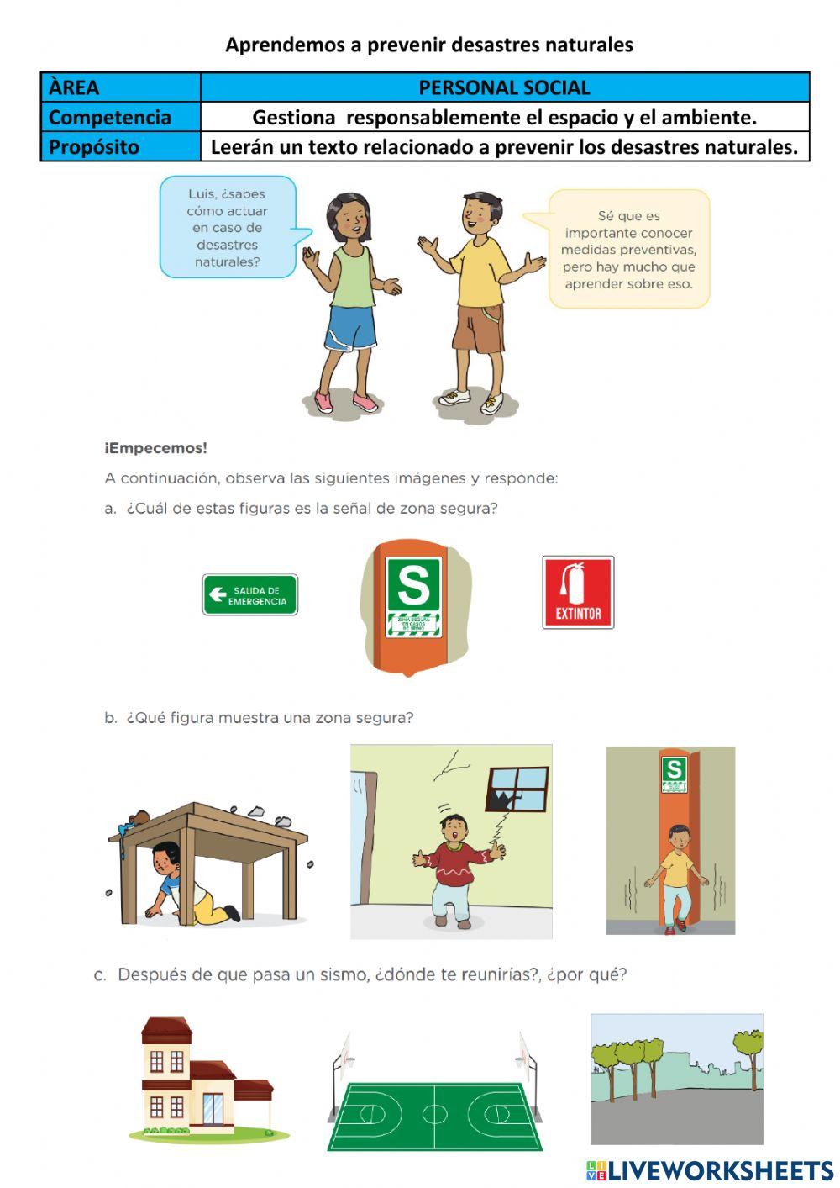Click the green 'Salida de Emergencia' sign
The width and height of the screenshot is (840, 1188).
point(249,595)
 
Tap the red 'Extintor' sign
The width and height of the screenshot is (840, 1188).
point(578,592)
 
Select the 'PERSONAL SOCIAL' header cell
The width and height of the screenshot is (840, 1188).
point(504,87)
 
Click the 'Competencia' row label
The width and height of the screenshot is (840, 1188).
point(110,117)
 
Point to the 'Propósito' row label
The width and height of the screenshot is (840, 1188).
point(94,146)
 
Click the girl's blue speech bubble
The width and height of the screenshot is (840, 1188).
point(227,227)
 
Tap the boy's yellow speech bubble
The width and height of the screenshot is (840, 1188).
point(628,249)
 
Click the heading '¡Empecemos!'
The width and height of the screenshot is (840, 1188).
point(156,448)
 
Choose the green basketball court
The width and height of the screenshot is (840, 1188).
point(434,1114)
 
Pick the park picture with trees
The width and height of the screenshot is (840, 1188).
point(676,1079)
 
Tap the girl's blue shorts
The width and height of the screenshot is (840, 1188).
point(351,328)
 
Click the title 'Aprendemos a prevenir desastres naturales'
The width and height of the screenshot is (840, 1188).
point(428,45)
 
